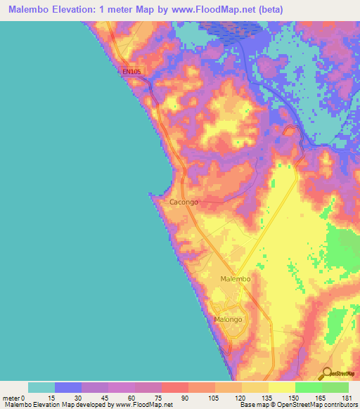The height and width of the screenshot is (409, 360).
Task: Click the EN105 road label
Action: coord(131,71)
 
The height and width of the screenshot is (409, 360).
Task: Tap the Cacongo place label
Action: coord(184,202)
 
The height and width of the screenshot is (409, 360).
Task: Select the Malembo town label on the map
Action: coord(236,279)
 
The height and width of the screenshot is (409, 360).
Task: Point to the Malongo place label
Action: coord(228,319)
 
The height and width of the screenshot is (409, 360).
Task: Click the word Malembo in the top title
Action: coord(33,9)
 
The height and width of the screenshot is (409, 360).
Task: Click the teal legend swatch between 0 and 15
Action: coord(41,387)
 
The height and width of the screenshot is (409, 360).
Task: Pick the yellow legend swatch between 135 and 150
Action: coord(281,387)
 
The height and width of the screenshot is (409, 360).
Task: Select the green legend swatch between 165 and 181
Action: coord(335,387)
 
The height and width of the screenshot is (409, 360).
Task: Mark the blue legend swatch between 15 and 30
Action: coord(68,387)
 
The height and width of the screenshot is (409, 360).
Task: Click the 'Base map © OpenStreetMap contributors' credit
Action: coord(298,405)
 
